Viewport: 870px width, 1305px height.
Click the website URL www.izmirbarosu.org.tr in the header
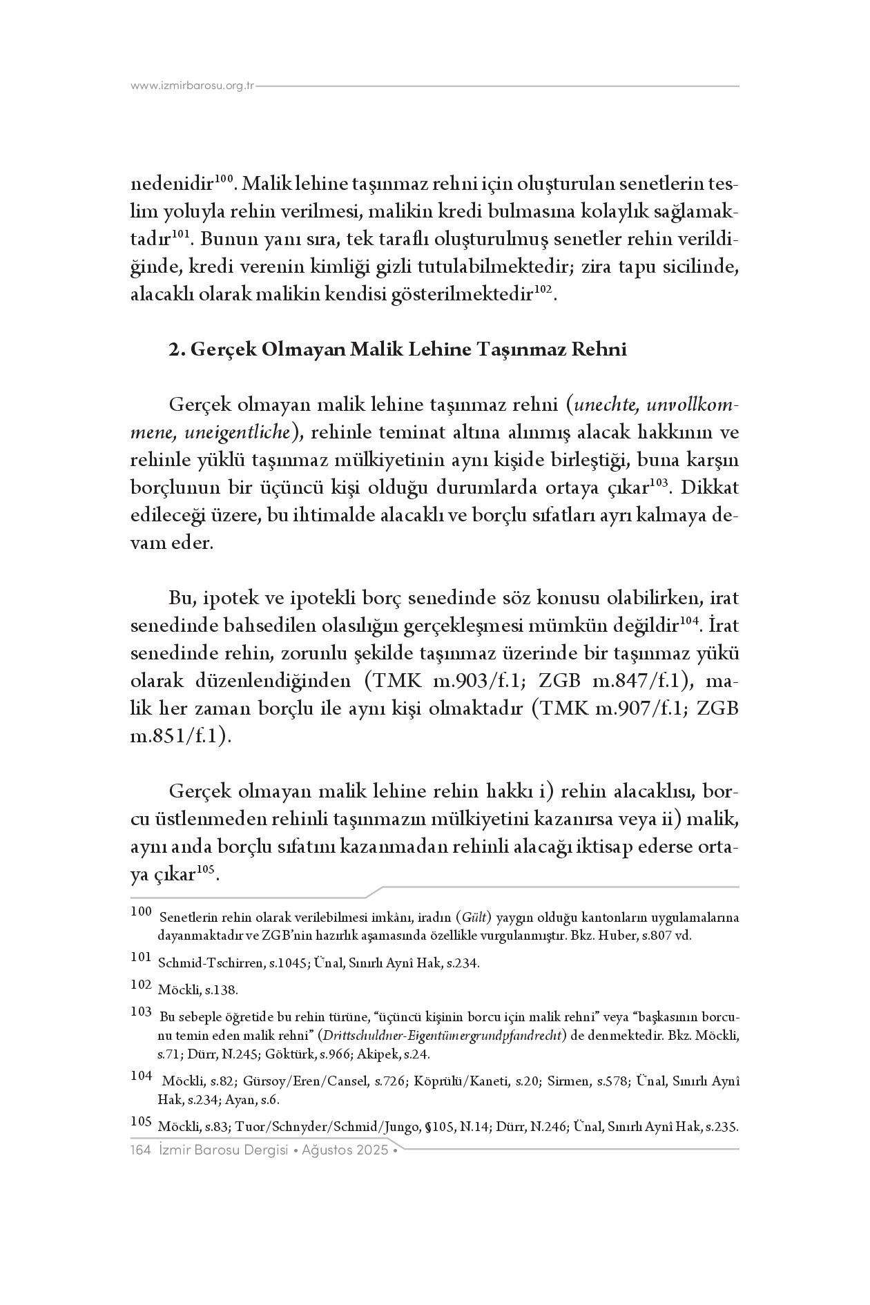tap(193, 86)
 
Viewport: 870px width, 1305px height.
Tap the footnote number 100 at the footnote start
tap(140, 912)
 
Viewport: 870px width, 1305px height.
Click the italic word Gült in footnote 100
tap(473, 918)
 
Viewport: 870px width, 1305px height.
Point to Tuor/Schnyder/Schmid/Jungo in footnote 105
tap(327, 1128)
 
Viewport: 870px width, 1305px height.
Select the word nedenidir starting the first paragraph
tap(172, 185)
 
